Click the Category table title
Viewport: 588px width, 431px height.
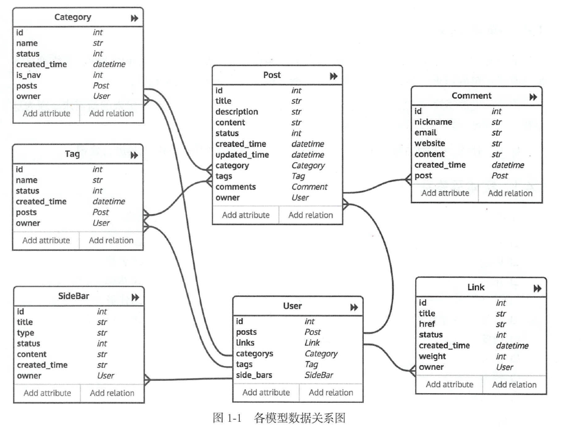pyautogui.click(x=73, y=17)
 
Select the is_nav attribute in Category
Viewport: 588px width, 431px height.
pyautogui.click(x=29, y=75)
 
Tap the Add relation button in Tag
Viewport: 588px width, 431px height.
pyautogui.click(x=111, y=240)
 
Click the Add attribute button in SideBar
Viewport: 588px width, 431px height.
pyautogui.click(x=47, y=393)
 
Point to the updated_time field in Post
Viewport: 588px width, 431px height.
pyautogui.click(x=242, y=155)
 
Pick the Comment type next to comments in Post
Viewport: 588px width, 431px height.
pyautogui.click(x=309, y=187)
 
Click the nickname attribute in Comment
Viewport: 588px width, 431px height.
pyautogui.click(x=433, y=122)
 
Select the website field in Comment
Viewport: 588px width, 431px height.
pyautogui.click(x=430, y=144)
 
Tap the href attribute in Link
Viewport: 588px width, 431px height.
pyautogui.click(x=427, y=324)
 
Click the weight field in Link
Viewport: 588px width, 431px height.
pyautogui.click(x=432, y=356)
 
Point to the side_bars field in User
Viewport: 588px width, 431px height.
pyautogui.click(x=254, y=375)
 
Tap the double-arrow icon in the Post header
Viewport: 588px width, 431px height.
pyautogui.click(x=334, y=76)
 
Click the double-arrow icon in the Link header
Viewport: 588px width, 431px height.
pyautogui.click(x=537, y=289)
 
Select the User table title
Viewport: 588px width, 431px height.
pyautogui.click(x=292, y=307)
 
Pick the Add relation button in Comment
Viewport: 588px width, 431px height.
pyautogui.click(x=510, y=193)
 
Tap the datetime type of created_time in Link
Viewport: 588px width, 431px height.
pyautogui.click(x=512, y=346)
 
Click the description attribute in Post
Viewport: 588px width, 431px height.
pyautogui.click(x=237, y=112)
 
